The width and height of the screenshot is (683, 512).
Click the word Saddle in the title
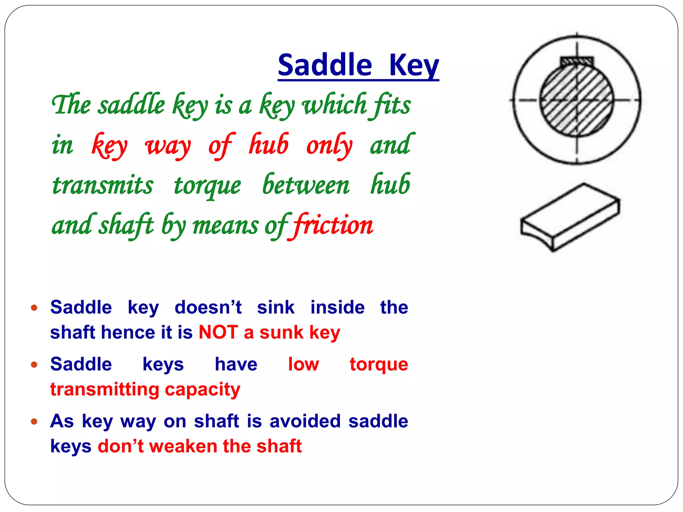pyautogui.click(x=324, y=65)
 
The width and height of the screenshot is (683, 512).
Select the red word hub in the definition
pyautogui.click(x=269, y=145)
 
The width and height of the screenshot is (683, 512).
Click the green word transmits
pyautogui.click(x=103, y=185)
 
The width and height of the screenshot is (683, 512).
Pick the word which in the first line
pyautogui.click(x=334, y=105)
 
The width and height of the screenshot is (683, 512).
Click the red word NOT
pyautogui.click(x=218, y=332)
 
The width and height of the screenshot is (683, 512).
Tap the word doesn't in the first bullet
pyautogui.click(x=208, y=307)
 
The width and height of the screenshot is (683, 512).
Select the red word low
pyautogui.click(x=303, y=364)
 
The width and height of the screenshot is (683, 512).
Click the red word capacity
pyautogui.click(x=202, y=389)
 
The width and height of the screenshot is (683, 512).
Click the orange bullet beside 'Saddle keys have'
pyautogui.click(x=34, y=364)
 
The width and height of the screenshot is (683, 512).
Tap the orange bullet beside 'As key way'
pyautogui.click(x=34, y=421)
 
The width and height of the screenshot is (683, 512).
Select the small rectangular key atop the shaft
pyautogui.click(x=577, y=61)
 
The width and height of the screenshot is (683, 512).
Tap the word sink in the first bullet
pyautogui.click(x=276, y=307)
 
